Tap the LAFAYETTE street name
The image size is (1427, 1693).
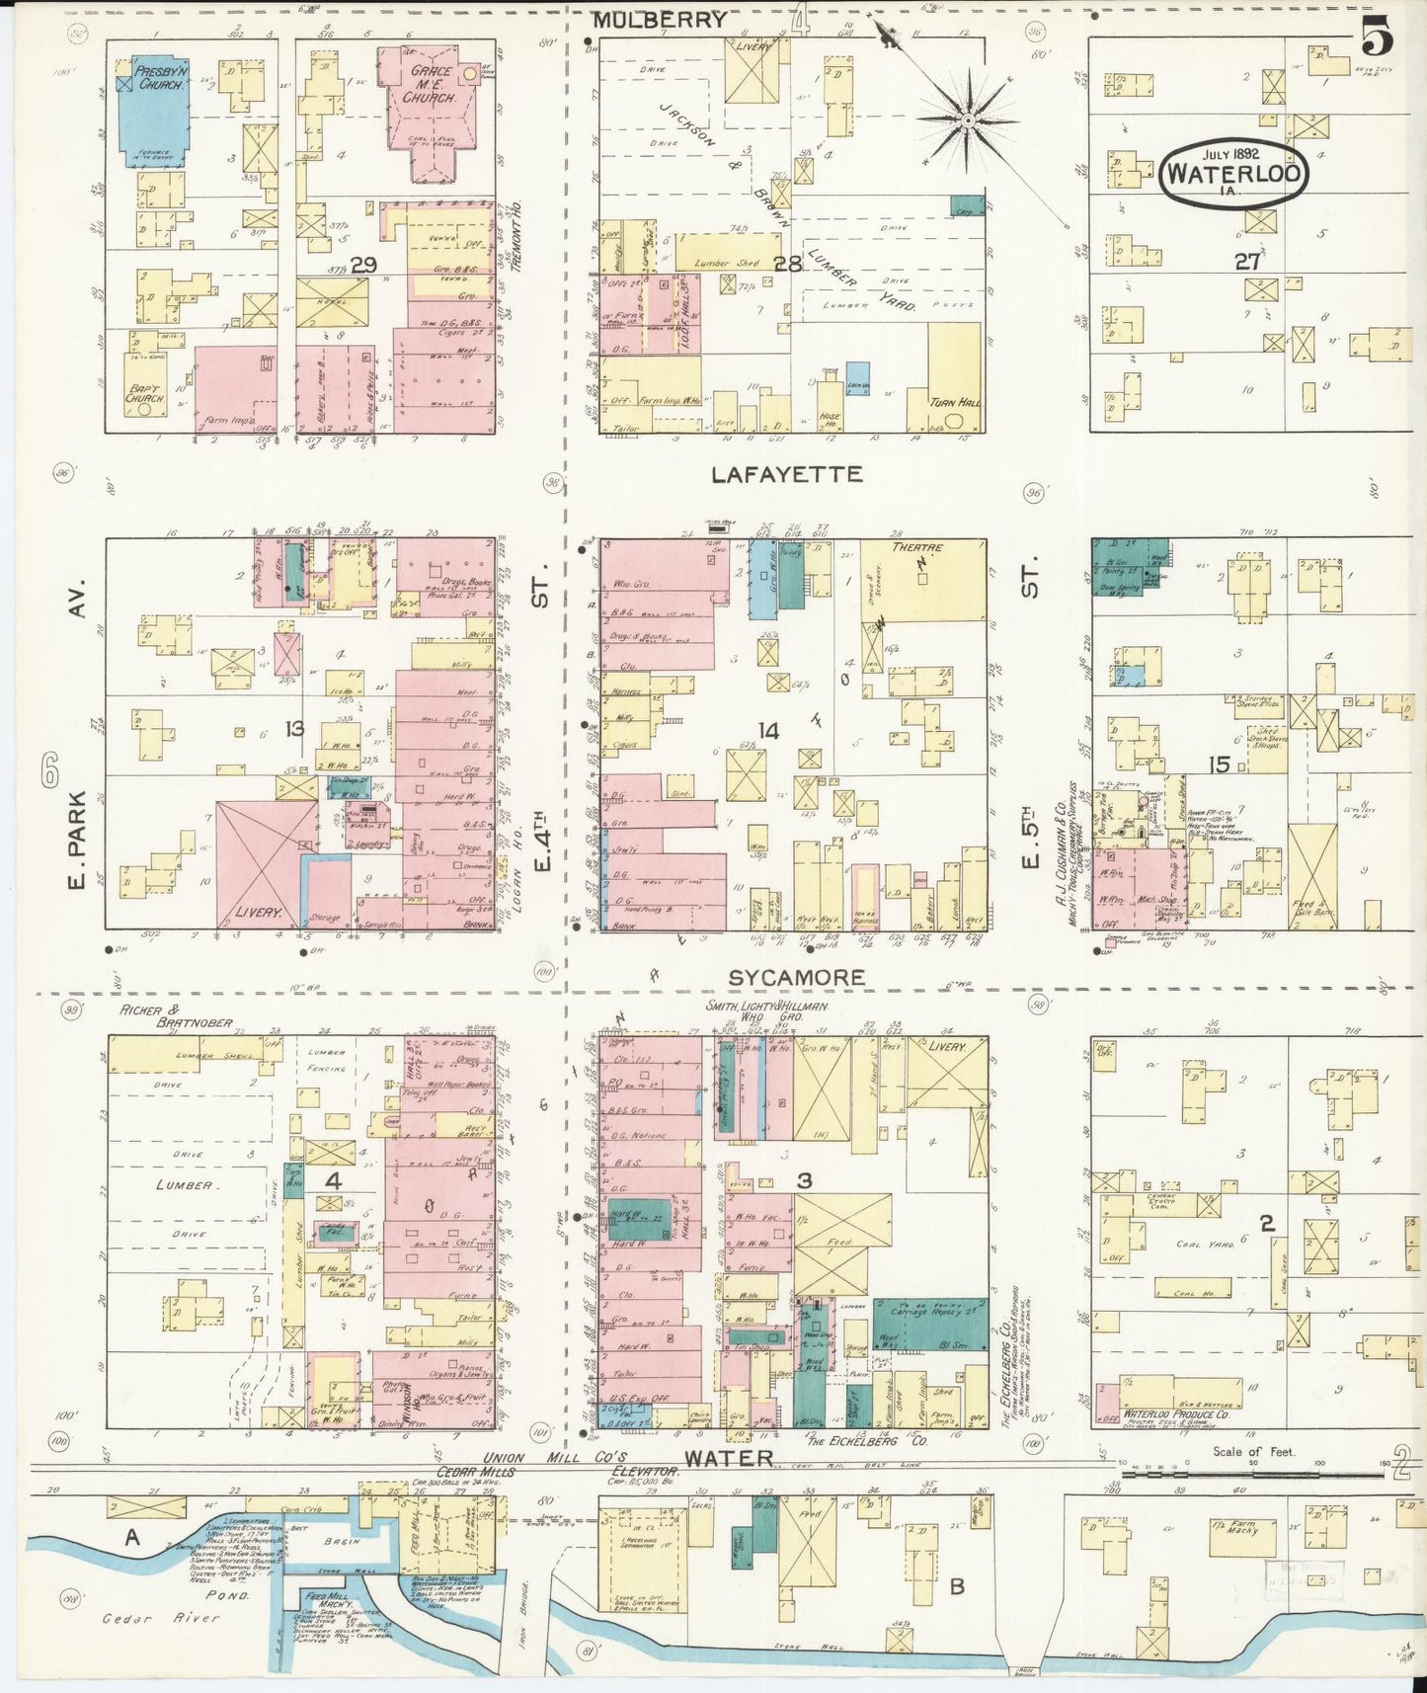click(786, 475)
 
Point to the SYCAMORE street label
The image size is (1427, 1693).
click(796, 977)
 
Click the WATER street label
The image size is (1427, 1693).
click(728, 1457)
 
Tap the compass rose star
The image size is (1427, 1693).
click(968, 121)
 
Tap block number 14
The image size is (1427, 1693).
click(768, 731)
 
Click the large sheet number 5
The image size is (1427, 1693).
click(1377, 38)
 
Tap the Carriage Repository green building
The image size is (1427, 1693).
click(929, 1324)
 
